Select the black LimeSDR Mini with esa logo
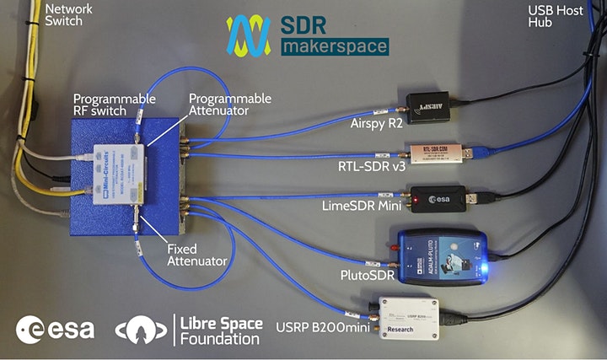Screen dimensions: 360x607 coord(438,199)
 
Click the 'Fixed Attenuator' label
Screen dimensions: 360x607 coord(196,255)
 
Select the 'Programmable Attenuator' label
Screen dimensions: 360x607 coord(230,105)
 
